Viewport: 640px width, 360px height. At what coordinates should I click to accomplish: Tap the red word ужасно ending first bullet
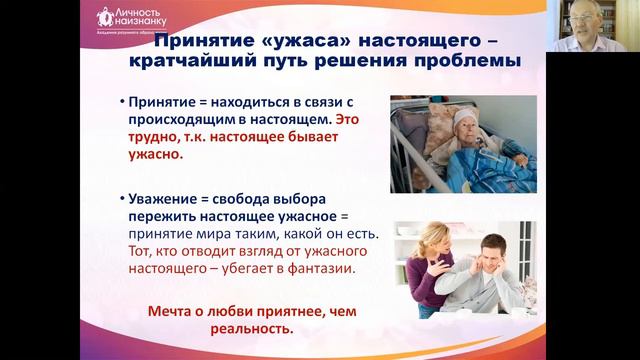click(x=154, y=156)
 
